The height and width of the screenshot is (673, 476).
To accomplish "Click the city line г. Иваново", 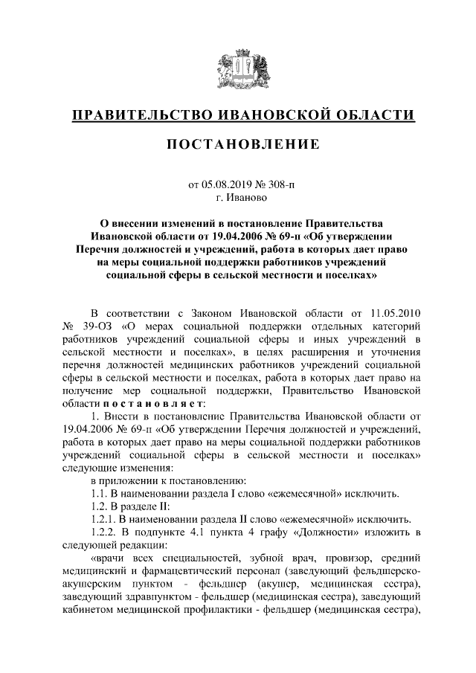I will [238, 198].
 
